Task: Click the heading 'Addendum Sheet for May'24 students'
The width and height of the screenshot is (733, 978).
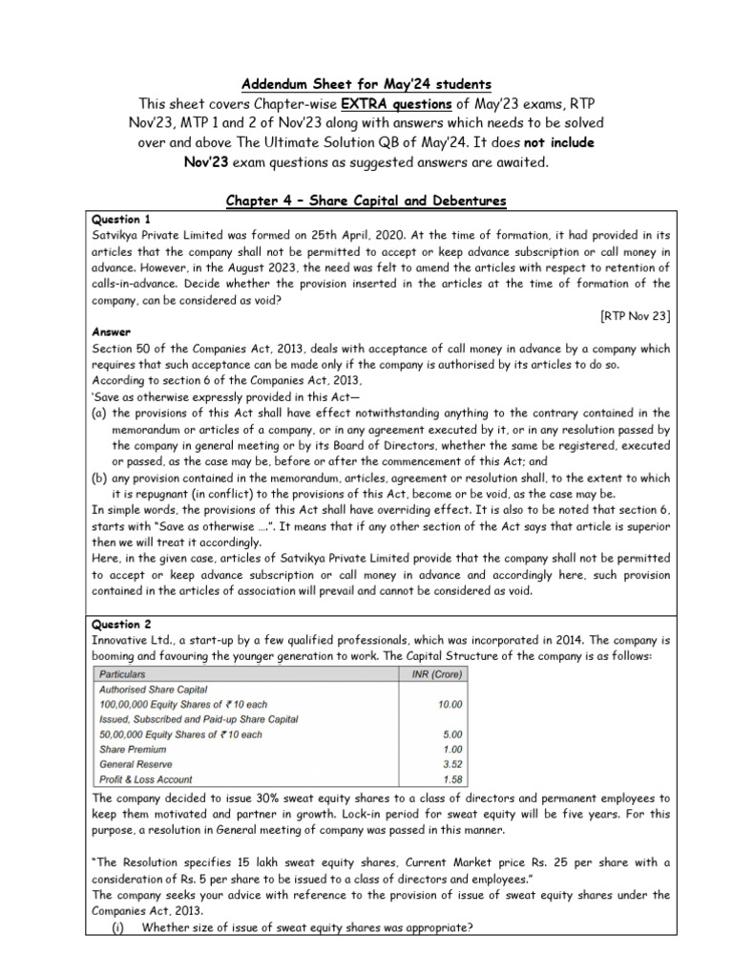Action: (366, 83)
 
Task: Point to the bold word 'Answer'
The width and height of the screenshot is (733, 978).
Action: (111, 332)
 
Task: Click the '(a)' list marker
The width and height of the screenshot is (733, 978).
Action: (99, 413)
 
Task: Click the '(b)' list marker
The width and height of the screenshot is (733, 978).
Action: (99, 478)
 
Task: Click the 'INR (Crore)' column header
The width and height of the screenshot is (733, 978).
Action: (432, 674)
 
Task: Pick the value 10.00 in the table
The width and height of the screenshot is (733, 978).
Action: (450, 704)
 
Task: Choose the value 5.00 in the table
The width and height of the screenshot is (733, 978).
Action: (451, 734)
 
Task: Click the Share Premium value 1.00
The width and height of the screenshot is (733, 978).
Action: (451, 750)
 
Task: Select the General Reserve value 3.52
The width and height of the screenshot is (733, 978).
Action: (451, 765)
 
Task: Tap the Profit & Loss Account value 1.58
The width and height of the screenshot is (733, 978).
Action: (451, 780)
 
